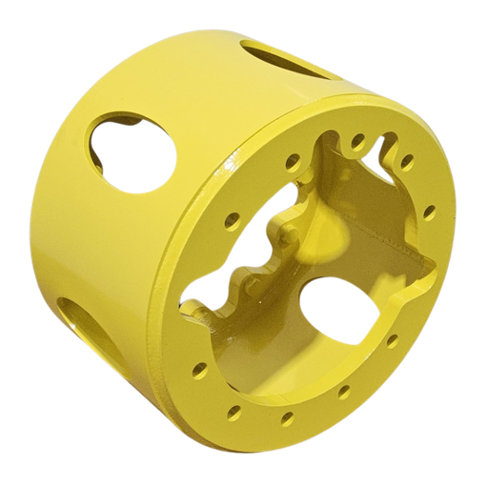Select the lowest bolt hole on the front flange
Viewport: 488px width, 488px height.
[286, 417]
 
